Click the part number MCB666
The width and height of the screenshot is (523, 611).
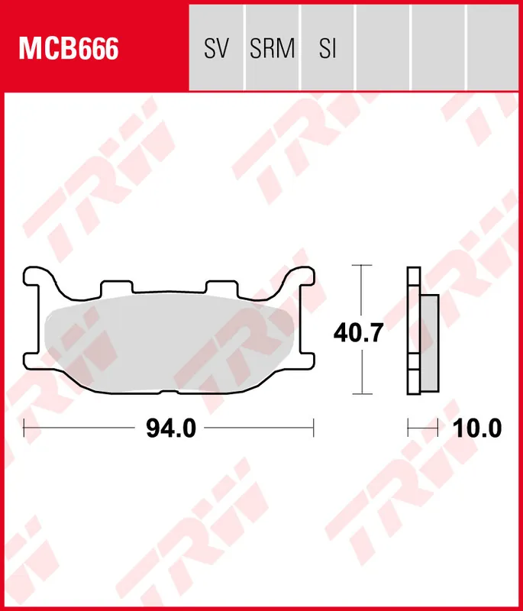pyautogui.click(x=69, y=50)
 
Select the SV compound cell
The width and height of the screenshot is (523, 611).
pyautogui.click(x=217, y=50)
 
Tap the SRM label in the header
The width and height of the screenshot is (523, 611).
pyautogui.click(x=273, y=50)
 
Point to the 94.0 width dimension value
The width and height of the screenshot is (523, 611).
pyautogui.click(x=171, y=429)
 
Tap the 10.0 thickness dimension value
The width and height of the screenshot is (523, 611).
pyautogui.click(x=477, y=429)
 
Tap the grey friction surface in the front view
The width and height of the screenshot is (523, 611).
pyautogui.click(x=168, y=344)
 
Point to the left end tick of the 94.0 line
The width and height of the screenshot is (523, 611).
pyautogui.click(x=24, y=429)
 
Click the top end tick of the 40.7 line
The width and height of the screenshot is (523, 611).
pyautogui.click(x=361, y=265)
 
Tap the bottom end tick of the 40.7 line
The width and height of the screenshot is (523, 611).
pyautogui.click(x=361, y=394)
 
